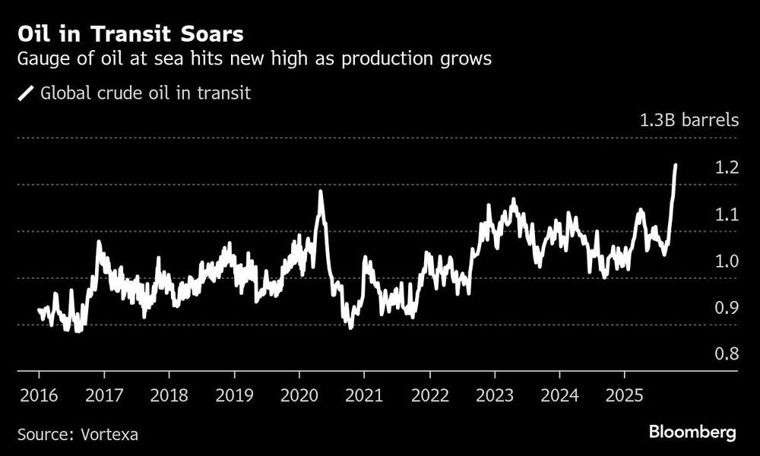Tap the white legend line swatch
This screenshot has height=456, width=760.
point(26,93)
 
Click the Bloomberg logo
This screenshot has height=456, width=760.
point(692,432)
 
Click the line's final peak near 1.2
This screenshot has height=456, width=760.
point(676,164)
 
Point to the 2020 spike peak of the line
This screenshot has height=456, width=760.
point(320,192)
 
